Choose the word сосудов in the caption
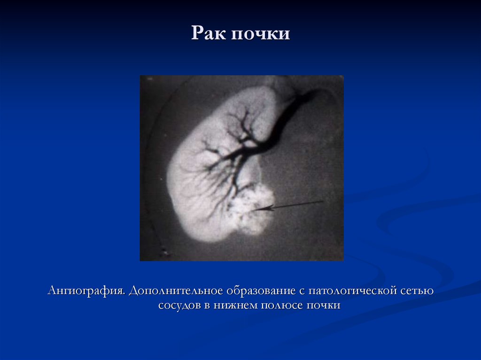[x=178, y=305]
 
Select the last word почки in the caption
[x=322, y=305]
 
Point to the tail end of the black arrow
[x=323, y=201]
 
